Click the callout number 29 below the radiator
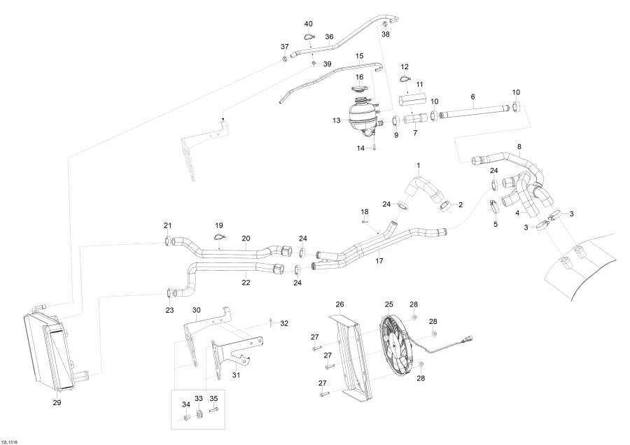click(x=57, y=402)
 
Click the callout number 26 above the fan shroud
click(x=340, y=304)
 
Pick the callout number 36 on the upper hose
click(x=329, y=37)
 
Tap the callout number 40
click(x=309, y=24)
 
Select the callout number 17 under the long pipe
click(x=379, y=260)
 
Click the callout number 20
click(x=246, y=238)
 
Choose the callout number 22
click(x=246, y=283)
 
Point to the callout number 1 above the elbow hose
click(x=419, y=166)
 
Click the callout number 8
click(x=519, y=146)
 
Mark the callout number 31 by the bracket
click(x=236, y=375)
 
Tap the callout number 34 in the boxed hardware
click(x=186, y=404)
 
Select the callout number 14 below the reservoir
click(x=360, y=148)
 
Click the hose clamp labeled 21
click(x=168, y=241)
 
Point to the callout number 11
click(x=420, y=84)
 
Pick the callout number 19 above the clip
click(x=219, y=225)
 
